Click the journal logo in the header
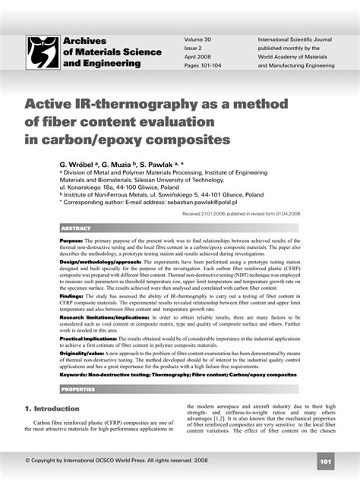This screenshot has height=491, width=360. (43, 52)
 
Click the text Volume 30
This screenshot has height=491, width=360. (198, 39)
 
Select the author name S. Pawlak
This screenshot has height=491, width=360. (163, 163)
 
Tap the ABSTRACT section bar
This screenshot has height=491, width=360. (76, 228)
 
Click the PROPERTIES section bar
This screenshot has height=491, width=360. (78, 389)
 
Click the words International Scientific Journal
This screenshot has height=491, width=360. (296, 39)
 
